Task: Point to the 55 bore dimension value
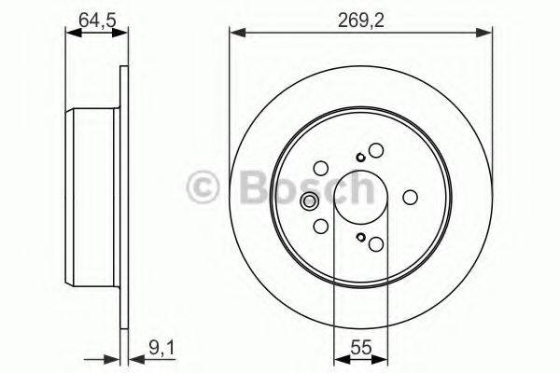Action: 360,352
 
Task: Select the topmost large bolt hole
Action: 376,149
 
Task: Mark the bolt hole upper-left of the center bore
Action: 321,169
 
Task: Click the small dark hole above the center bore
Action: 360,157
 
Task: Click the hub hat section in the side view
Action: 93,198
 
